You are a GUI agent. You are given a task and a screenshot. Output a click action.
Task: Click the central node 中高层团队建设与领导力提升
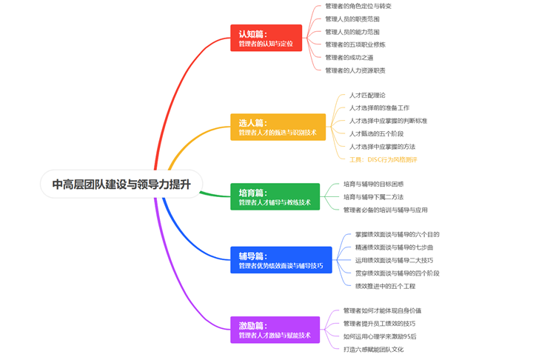(121, 185)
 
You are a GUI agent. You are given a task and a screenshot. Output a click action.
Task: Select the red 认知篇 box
(266, 39)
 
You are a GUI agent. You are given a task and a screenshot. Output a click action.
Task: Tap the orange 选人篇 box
(277, 127)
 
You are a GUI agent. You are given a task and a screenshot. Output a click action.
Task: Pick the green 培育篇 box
(274, 196)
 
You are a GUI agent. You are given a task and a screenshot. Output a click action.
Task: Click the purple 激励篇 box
(274, 330)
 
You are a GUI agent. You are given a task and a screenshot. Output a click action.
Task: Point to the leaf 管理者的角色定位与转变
(358, 6)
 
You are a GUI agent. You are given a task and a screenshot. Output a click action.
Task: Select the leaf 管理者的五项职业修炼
(355, 44)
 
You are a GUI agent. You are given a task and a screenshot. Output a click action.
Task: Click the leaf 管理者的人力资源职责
(355, 70)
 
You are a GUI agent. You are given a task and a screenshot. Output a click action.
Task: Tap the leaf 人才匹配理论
(367, 96)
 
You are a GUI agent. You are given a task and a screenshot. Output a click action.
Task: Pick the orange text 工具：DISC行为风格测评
(383, 159)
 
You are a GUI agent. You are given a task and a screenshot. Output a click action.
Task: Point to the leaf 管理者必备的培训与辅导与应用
(385, 210)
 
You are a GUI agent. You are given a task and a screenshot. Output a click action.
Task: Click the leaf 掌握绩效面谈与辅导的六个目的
(397, 235)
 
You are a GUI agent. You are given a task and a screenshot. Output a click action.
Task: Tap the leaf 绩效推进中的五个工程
(385, 286)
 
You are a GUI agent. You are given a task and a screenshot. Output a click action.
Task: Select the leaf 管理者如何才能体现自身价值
(382, 310)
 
